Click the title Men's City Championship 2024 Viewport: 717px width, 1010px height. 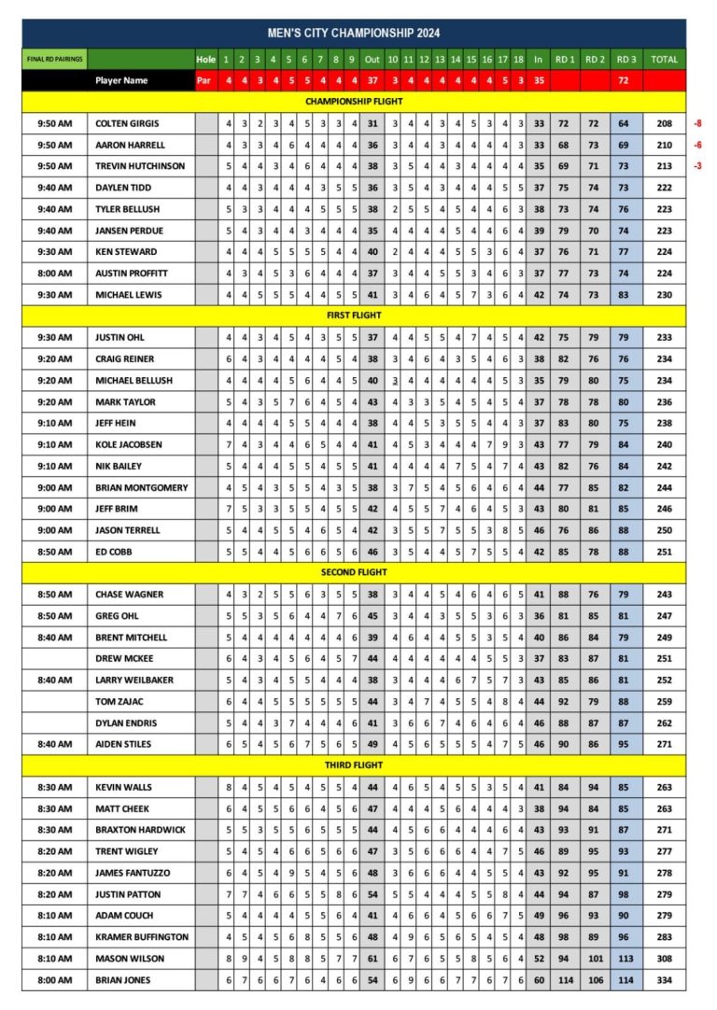tap(354, 34)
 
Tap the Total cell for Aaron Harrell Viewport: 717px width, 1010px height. tap(664, 145)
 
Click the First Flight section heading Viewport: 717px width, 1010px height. tap(354, 316)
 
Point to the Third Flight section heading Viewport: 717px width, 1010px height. tap(354, 765)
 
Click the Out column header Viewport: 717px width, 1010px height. tap(373, 60)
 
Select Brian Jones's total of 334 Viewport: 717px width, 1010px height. tap(664, 979)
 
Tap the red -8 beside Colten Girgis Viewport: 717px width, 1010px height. tap(697, 123)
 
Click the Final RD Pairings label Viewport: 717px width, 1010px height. tap(55, 60)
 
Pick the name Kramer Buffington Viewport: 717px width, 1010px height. tap(142, 936)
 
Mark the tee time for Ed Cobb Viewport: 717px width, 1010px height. tap(55, 551)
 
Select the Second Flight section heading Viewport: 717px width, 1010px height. tap(354, 572)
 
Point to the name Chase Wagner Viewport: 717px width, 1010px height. tap(125, 594)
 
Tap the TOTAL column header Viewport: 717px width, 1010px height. tap(664, 60)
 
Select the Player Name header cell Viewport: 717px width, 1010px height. tap(121, 80)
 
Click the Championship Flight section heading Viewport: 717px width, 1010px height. tap(354, 101)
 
